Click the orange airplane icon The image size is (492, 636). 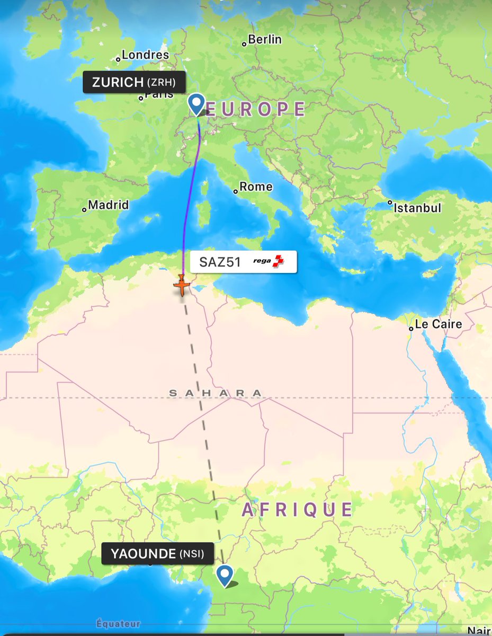182,286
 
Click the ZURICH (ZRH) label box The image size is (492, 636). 134,82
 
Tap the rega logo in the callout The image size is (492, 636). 269,261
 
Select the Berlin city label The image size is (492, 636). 265,40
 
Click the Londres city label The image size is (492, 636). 145,55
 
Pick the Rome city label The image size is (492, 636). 256,187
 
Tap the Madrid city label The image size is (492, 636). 109,205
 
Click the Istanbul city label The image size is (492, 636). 417,208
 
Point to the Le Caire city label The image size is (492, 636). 439,324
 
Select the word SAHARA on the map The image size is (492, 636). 215,393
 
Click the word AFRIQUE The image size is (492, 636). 297,510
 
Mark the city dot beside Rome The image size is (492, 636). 236,191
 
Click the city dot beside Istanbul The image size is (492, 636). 390,202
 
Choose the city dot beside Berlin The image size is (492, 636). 245,43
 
